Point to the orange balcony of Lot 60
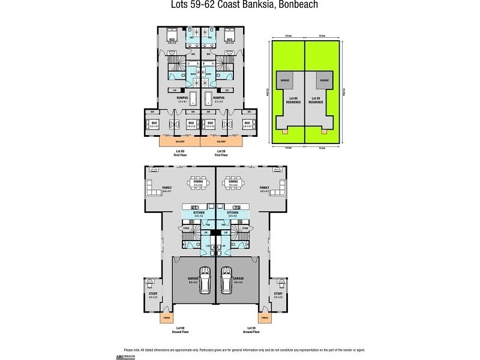(x=179, y=142)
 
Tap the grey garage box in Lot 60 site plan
(x=284, y=79)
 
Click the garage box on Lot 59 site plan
(x=324, y=79)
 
